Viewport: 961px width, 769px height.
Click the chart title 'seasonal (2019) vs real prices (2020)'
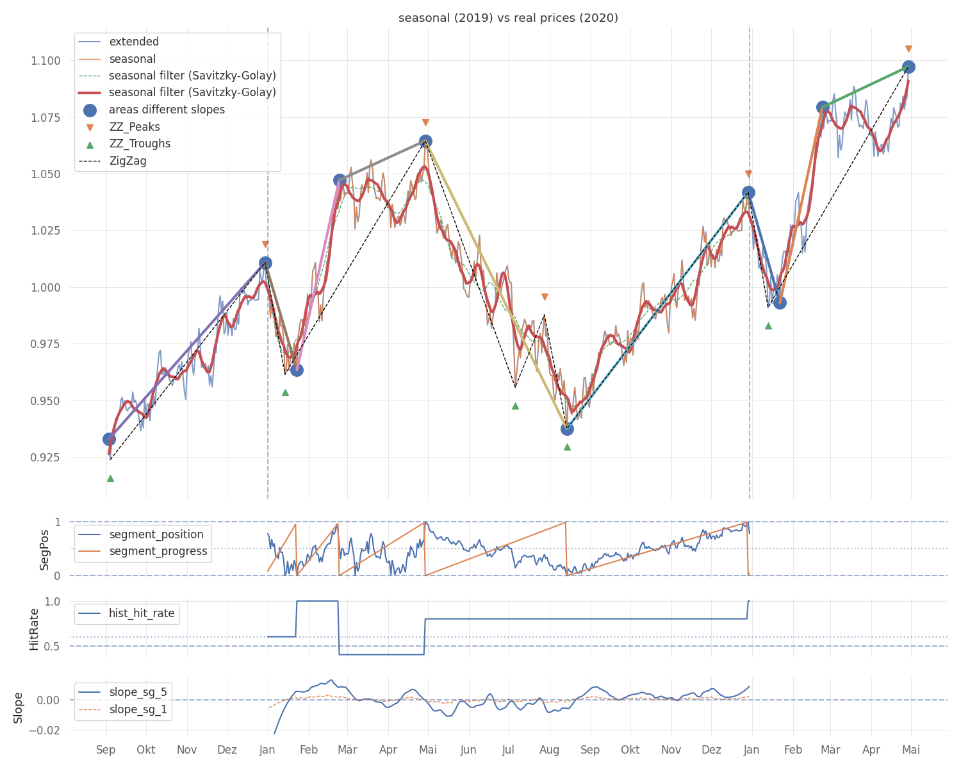point(508,18)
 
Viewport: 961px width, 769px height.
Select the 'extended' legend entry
point(134,42)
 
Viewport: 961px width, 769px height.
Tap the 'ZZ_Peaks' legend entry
point(135,127)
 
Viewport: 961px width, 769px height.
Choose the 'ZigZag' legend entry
point(127,161)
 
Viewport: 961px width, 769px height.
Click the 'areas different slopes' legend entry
point(167,110)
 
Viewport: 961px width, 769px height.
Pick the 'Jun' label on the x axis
point(468,750)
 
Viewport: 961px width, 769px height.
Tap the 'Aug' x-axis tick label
point(550,750)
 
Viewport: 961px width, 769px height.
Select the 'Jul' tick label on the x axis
point(509,750)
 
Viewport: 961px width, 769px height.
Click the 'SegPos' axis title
point(44,549)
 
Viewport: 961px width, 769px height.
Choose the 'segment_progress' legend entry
point(158,551)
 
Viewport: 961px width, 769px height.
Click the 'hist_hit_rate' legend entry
point(142,613)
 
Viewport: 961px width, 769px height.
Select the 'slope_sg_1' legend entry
point(138,709)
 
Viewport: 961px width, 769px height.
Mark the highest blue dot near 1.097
point(908,67)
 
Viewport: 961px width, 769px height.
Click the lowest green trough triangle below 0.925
point(110,478)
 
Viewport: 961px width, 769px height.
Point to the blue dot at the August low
point(567,429)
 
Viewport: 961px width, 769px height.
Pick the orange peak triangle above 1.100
point(908,49)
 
